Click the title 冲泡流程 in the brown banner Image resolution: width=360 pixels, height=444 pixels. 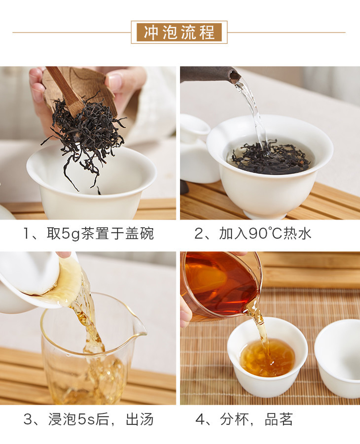[179, 33]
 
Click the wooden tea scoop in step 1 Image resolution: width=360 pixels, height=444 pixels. [66, 91]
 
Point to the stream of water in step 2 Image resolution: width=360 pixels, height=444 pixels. [253, 113]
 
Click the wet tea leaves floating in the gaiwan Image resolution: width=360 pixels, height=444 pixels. [269, 157]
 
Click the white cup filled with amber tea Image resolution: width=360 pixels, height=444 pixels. [268, 357]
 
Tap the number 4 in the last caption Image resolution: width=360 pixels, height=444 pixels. [200, 420]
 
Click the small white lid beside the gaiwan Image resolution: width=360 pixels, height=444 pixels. [195, 125]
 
